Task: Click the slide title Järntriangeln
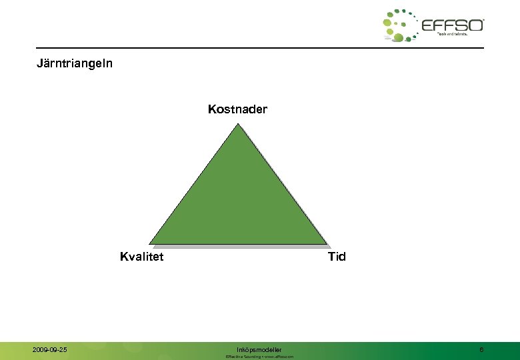point(75,64)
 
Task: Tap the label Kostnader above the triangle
point(237,109)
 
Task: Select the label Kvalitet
point(141,257)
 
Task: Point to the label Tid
point(337,257)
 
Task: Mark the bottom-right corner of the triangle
point(327,243)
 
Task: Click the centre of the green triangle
point(239,200)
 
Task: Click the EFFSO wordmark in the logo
point(453,25)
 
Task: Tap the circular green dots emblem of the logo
point(400,25)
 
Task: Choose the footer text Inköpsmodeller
point(259,349)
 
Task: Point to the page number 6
point(481,349)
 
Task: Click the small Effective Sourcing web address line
point(259,357)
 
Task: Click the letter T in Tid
point(331,257)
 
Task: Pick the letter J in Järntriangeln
point(39,64)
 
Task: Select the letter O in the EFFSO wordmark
point(476,25)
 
